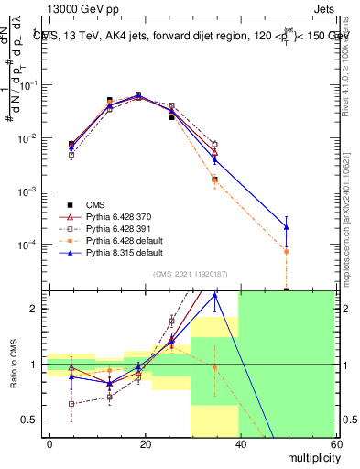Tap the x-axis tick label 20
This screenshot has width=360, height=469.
146,443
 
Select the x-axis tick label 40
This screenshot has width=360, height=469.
240,443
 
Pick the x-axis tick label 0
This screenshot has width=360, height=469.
50,443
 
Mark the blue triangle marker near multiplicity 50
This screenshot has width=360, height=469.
287,226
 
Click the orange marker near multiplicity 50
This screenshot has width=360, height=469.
287,251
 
